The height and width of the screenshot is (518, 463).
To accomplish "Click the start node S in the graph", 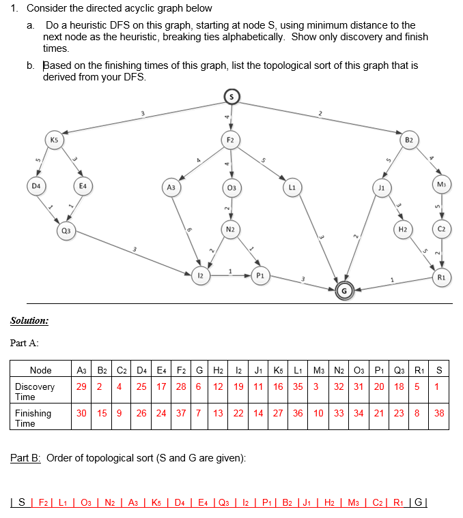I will click(x=231, y=97).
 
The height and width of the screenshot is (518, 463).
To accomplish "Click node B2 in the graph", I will click(x=408, y=142).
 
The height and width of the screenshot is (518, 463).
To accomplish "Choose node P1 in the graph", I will click(x=259, y=275).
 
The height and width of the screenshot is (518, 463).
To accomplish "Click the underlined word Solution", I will click(x=29, y=320).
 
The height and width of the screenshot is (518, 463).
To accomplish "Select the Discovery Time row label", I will click(x=33, y=391).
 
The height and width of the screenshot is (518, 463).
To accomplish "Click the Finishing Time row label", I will click(x=33, y=418).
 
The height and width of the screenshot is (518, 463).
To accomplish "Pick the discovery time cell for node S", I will click(x=439, y=386).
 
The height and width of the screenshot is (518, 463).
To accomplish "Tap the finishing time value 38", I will click(x=439, y=413).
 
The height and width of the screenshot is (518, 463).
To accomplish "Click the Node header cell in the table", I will click(x=41, y=370).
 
